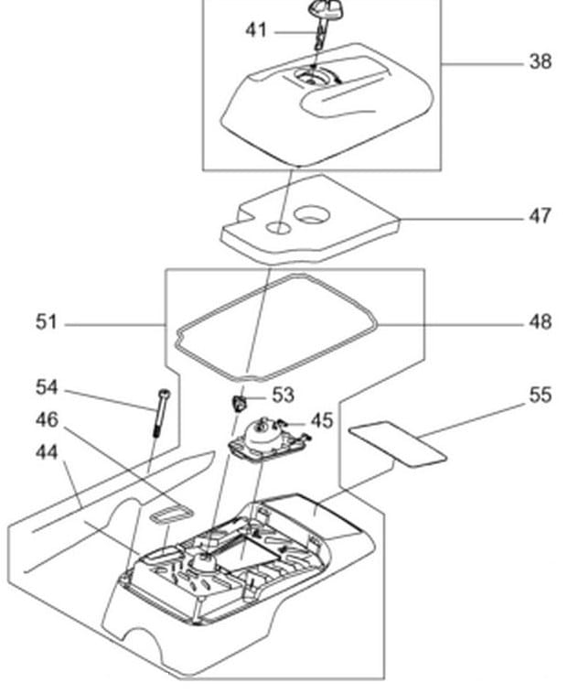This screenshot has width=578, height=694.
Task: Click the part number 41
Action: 256,30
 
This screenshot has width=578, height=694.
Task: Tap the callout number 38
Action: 541,61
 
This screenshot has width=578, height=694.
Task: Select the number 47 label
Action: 540,216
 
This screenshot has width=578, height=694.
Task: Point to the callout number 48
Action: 541,321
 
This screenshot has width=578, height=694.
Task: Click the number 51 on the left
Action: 47,321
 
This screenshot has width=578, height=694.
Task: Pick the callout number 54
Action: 47,387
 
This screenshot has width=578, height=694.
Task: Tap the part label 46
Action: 47,419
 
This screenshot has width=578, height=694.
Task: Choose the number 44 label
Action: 47,452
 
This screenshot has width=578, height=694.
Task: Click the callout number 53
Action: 283,395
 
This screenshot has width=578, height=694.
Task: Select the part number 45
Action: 322,420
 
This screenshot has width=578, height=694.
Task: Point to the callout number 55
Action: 541,395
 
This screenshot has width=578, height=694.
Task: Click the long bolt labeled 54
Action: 161,413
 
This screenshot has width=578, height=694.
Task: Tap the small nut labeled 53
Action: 240,403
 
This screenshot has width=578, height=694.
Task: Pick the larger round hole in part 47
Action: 312,215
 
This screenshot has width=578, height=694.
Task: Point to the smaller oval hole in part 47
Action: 278,228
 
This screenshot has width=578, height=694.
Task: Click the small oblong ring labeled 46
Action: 172,515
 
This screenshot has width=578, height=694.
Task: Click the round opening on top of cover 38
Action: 313,78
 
